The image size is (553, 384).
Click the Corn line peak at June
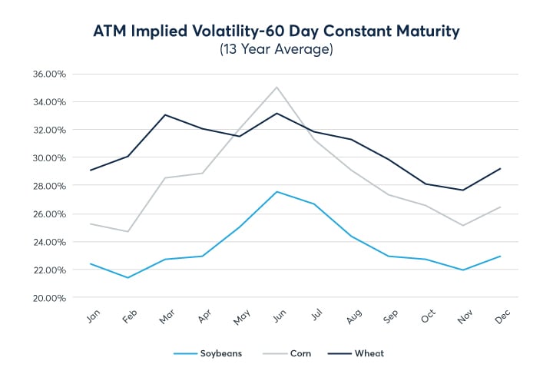(x=276, y=88)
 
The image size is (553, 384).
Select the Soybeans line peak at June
(x=276, y=192)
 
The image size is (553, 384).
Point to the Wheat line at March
(x=165, y=115)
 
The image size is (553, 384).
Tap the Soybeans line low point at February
(x=128, y=277)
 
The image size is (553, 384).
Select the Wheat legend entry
(x=361, y=353)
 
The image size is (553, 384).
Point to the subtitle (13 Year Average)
(x=276, y=50)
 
